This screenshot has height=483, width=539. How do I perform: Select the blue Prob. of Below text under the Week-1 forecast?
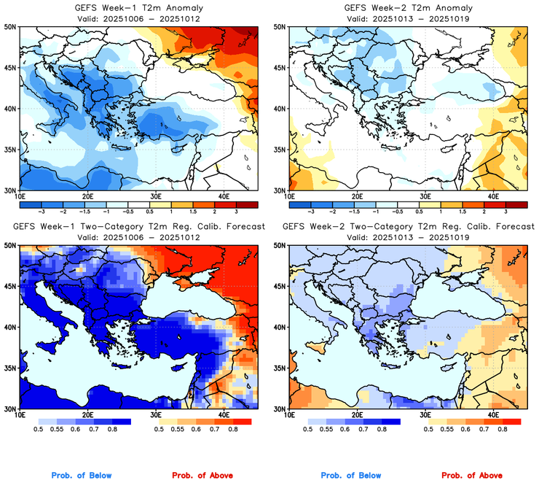click(82, 476)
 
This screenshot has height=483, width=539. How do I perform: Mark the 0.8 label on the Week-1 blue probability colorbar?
click(112, 430)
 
